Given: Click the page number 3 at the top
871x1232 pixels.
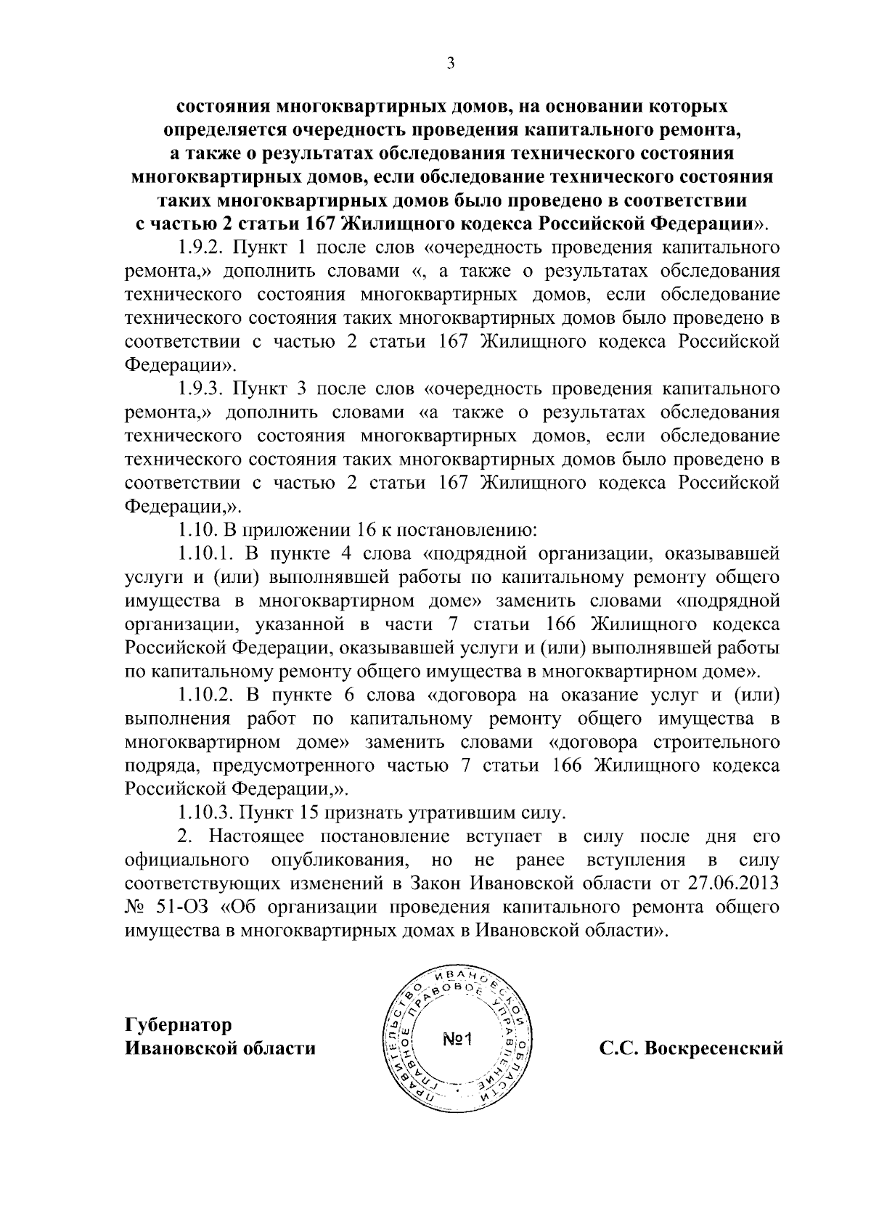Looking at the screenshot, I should click(450, 64).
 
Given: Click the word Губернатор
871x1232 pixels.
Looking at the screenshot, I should click(179, 1025).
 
